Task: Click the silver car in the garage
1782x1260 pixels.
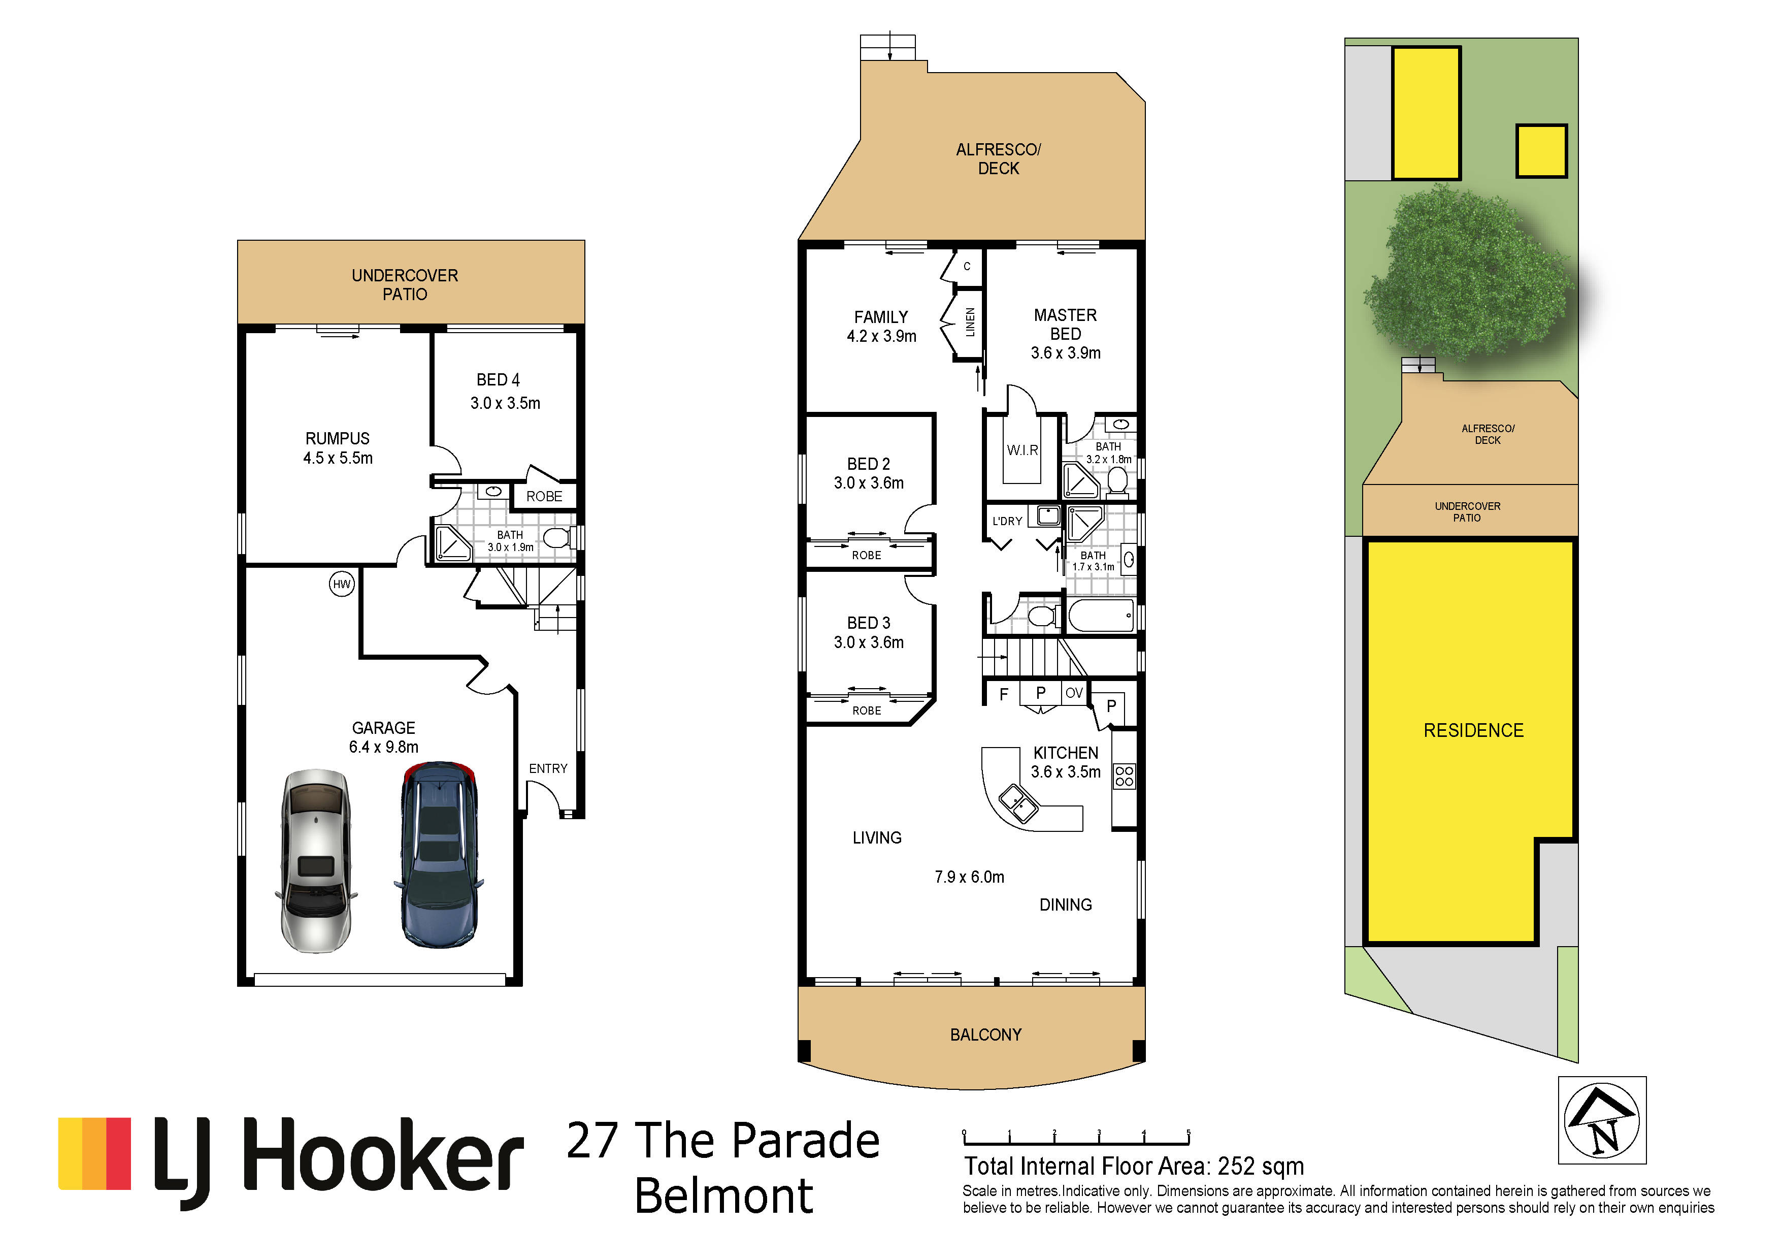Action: click(x=316, y=860)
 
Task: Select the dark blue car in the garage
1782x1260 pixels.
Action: click(x=439, y=854)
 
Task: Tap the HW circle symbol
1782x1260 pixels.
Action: click(x=342, y=585)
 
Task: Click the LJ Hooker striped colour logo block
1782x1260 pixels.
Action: click(x=95, y=1154)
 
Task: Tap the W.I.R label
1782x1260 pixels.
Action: click(x=1022, y=450)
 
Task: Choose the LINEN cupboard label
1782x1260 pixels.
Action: click(x=969, y=321)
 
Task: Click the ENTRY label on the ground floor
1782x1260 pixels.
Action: click(x=548, y=768)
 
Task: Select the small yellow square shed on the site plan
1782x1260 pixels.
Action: click(x=1541, y=151)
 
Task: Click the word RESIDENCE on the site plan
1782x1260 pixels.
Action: click(x=1473, y=730)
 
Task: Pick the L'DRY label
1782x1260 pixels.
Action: click(x=1007, y=521)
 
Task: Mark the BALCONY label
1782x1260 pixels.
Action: click(x=986, y=1035)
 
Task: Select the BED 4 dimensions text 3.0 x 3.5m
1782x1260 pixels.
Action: click(x=505, y=403)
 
